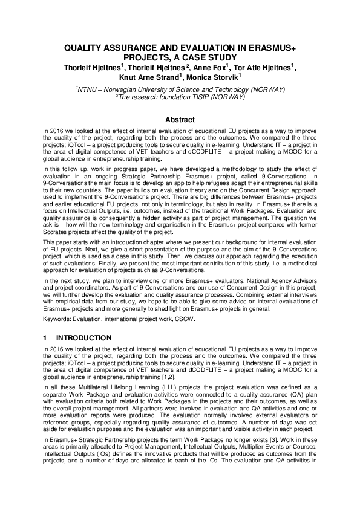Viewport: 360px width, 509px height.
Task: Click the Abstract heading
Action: click(x=180, y=120)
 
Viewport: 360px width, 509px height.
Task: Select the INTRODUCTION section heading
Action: click(x=84, y=337)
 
